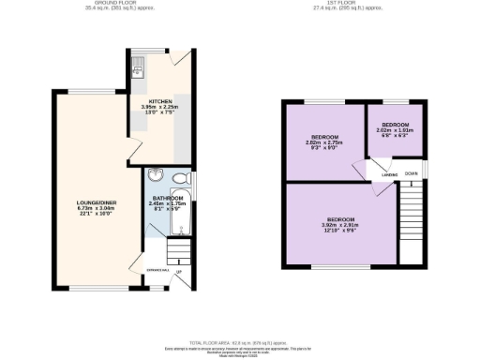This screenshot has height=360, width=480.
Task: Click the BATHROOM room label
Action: coord(169,198)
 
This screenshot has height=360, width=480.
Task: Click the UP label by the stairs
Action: coord(178,272)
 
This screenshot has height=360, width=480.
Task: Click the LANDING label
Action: coord(389,175)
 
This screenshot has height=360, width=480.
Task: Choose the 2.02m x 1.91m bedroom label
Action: coord(395,130)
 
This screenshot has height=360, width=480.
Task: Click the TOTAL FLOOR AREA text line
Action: coord(238,343)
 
